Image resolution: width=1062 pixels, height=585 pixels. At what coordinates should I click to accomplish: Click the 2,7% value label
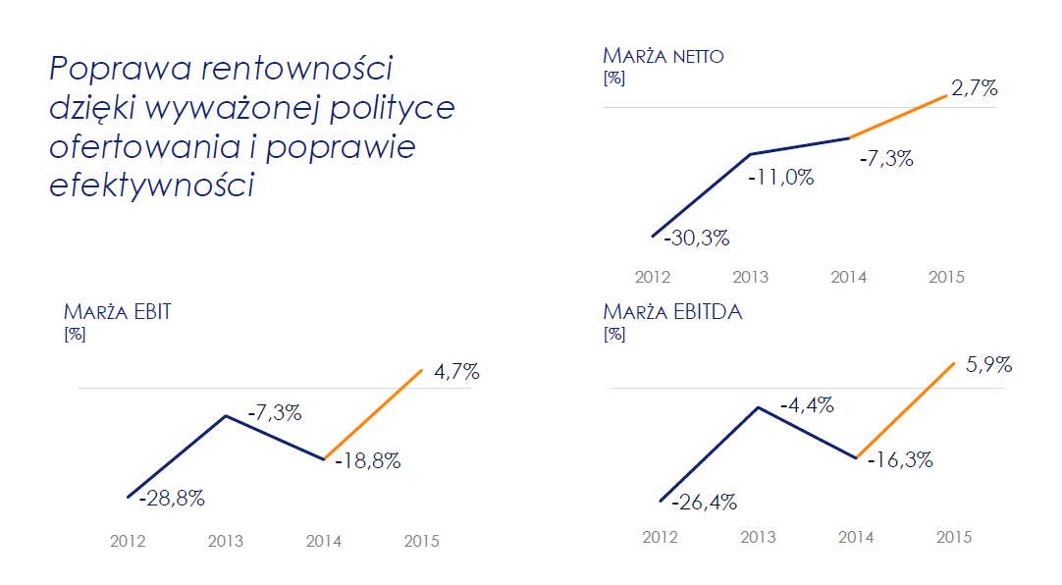tap(975, 88)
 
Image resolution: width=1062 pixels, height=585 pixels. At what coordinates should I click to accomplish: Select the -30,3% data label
tap(696, 238)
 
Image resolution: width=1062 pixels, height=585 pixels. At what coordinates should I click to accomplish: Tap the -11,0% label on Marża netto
tap(780, 178)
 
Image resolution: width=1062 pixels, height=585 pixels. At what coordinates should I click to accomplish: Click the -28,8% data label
tap(172, 499)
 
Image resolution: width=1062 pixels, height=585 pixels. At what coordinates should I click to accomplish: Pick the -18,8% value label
tap(368, 460)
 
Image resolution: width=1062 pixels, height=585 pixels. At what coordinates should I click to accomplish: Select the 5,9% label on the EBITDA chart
tap(988, 365)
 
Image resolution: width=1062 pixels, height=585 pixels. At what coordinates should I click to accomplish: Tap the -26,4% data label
tap(704, 503)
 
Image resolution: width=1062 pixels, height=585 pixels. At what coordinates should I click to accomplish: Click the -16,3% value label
tap(899, 459)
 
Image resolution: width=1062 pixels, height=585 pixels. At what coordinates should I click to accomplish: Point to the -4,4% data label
tap(807, 404)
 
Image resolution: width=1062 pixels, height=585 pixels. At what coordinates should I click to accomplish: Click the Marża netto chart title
tap(664, 55)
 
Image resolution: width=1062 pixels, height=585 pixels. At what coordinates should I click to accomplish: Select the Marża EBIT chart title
tap(118, 312)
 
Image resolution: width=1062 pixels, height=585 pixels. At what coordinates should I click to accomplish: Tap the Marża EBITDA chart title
tap(672, 312)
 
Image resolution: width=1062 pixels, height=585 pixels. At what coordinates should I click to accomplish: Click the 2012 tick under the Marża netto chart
tap(652, 277)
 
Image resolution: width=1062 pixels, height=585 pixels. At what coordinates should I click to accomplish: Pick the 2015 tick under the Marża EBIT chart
tap(422, 541)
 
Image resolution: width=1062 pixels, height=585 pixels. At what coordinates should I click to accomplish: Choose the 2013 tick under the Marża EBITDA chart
tap(758, 537)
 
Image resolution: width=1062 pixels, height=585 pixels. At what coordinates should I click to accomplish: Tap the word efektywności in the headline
tap(151, 185)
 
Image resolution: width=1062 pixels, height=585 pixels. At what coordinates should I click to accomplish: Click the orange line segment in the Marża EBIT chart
tap(373, 414)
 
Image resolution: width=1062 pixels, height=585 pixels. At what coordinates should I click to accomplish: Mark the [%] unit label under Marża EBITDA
tap(614, 334)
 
